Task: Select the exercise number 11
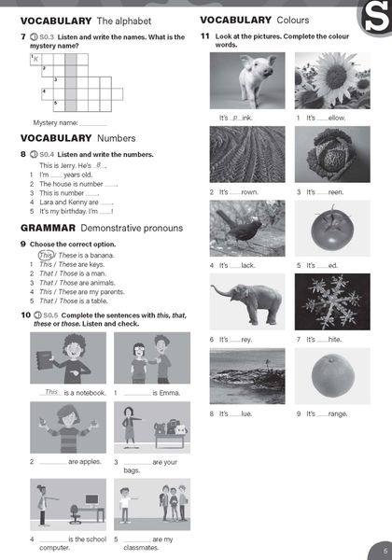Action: click(x=205, y=35)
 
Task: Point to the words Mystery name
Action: click(x=55, y=122)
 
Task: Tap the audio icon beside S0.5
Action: click(x=35, y=316)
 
